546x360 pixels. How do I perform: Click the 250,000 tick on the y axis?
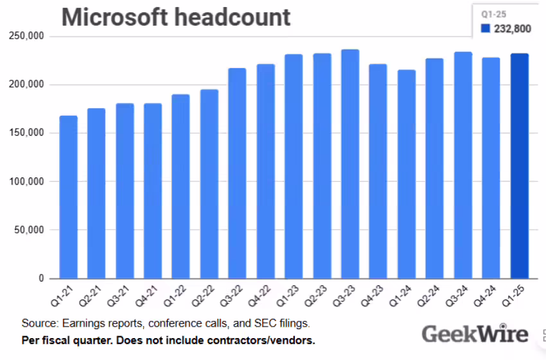click(x=26, y=36)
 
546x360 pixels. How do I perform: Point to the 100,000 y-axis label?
click(x=26, y=181)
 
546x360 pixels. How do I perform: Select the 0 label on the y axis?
click(x=40, y=278)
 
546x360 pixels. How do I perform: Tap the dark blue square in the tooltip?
click(x=486, y=28)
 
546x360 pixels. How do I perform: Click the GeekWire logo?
click(x=475, y=334)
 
